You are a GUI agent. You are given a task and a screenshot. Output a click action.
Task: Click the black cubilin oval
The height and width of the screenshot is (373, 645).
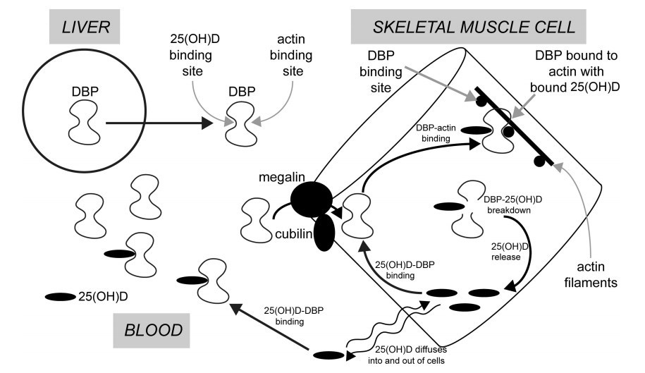(324, 233)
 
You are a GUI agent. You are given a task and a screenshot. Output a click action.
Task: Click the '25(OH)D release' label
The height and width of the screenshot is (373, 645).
(506, 250)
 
